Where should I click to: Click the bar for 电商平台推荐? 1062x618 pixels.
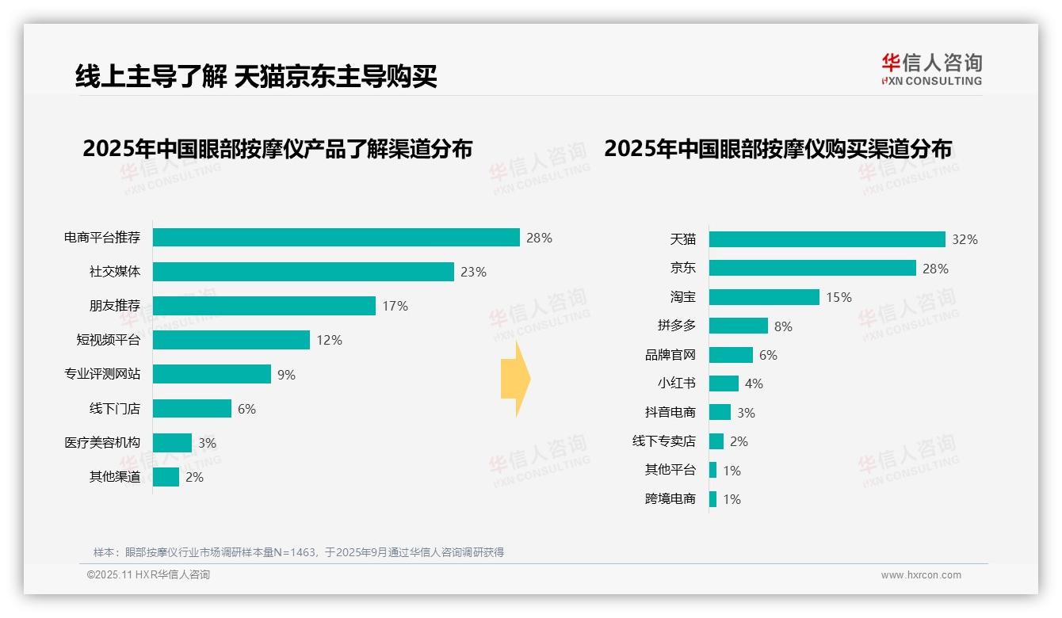coord(336,238)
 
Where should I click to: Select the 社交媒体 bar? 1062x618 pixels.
coord(303,272)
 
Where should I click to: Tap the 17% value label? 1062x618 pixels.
coord(395,306)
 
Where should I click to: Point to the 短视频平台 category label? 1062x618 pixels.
coord(108,340)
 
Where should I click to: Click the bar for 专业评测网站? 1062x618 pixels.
coord(212,374)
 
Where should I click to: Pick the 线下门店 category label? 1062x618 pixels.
coord(114,409)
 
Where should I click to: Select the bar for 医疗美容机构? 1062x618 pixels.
coord(172,443)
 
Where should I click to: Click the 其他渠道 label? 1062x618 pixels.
coord(114,477)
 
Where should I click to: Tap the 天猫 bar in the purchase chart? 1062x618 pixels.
coord(827,239)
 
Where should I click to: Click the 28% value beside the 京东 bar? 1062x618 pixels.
coord(935,269)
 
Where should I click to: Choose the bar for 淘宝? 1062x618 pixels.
coord(764,297)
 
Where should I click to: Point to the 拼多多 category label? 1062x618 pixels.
coord(676,326)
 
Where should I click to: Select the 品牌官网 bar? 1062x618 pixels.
coord(731,355)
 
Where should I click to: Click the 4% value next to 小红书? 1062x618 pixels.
coord(754,383)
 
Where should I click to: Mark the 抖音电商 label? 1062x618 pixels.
coord(670,412)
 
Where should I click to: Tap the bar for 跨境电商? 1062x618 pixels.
coord(712,499)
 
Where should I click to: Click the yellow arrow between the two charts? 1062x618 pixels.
coord(515,379)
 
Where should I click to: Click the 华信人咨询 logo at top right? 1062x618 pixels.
coord(931,70)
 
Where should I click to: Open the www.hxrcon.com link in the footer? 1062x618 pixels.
coord(920,575)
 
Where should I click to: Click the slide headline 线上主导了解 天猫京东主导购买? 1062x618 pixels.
coord(256,76)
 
